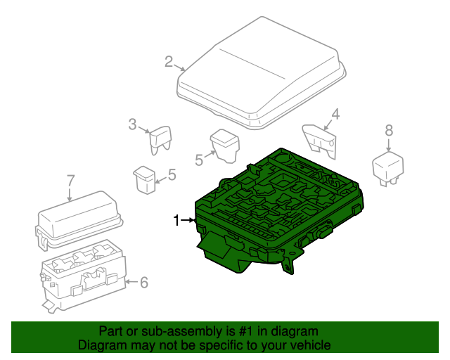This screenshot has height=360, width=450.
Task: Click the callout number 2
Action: pos(169,62)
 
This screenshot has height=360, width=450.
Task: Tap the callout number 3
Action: pos(132,124)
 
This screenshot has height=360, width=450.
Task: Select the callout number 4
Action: pos(335,115)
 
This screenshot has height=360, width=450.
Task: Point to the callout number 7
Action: pos(70,181)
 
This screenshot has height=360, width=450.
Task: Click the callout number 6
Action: pos(143,282)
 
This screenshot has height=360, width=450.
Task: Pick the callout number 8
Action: pos(389,130)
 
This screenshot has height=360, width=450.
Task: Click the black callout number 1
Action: pos(176,221)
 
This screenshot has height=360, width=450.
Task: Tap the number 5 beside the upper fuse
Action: pos(199,160)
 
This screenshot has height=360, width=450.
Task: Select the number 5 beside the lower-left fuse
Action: pos(172,174)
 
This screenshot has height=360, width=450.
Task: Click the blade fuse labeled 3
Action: pos(161,140)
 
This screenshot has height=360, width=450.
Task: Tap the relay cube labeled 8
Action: pos(387,169)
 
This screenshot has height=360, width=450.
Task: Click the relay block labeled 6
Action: pos(83,276)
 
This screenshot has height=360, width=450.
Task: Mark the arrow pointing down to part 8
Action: pos(389,145)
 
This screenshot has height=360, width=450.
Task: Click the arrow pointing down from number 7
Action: pos(70,195)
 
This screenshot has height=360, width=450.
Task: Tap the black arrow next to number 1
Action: pos(188,220)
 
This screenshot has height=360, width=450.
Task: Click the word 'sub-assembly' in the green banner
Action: pos(182,331)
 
